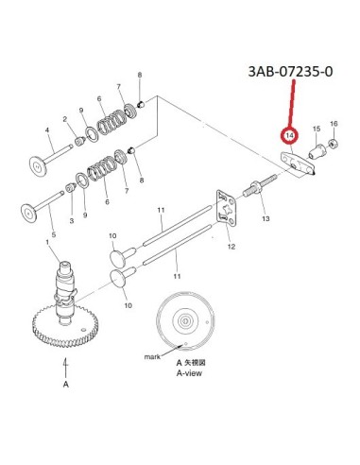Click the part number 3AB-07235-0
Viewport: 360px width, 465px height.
[x=290, y=72]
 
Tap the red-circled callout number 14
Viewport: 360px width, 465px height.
[x=289, y=135]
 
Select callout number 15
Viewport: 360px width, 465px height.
[x=317, y=129]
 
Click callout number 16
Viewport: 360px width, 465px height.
[x=334, y=124]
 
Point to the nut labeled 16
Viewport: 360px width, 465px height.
[x=334, y=144]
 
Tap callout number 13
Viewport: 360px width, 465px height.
[x=266, y=218]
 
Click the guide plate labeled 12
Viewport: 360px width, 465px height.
[x=227, y=208]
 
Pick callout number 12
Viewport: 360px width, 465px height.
[x=231, y=247]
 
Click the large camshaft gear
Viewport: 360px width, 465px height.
[x=65, y=327]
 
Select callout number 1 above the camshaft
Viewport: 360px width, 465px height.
[x=47, y=242]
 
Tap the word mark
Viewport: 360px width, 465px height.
[x=152, y=357]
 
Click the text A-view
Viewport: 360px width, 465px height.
[x=189, y=373]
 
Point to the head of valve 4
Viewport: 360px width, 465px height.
[x=38, y=165]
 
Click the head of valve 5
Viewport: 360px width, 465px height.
[x=29, y=214]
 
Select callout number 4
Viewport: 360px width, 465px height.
[x=47, y=130]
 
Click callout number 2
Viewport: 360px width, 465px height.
[x=65, y=119]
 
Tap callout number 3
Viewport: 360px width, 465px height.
[x=72, y=221]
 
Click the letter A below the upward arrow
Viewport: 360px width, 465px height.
[x=66, y=385]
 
